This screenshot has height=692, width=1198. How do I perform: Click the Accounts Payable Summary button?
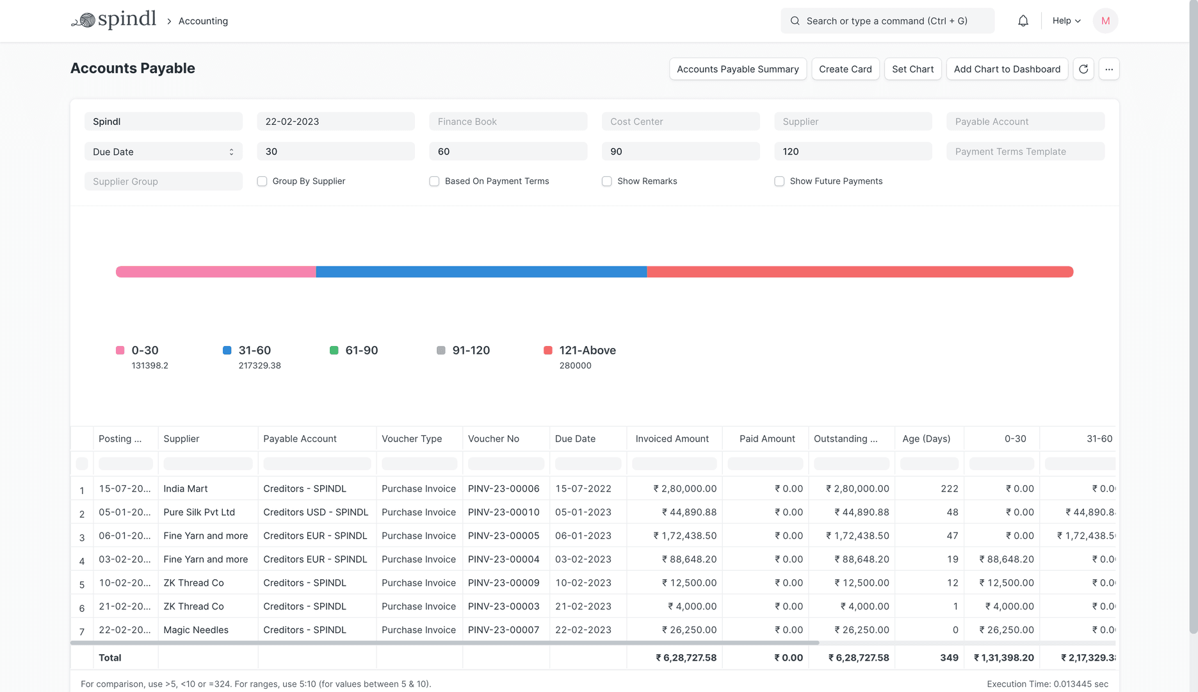click(x=738, y=69)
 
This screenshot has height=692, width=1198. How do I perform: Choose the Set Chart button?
click(x=912, y=69)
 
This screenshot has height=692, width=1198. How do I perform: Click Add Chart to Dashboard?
click(x=1007, y=69)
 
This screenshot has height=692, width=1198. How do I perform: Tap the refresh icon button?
click(x=1083, y=69)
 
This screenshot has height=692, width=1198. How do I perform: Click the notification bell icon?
click(x=1023, y=21)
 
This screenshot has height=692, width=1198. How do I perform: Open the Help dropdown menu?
click(x=1066, y=21)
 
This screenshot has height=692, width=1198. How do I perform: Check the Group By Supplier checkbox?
click(x=262, y=181)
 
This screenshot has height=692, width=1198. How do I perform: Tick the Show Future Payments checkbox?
click(x=779, y=181)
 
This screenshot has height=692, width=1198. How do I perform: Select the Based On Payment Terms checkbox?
click(x=434, y=181)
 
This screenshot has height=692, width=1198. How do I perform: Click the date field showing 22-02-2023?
click(x=336, y=122)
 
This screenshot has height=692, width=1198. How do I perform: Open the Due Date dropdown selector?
click(x=163, y=152)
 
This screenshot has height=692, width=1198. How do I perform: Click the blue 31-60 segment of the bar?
click(x=481, y=272)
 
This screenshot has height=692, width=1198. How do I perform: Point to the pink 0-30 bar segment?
click(x=216, y=272)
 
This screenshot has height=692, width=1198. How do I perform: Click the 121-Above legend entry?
click(x=587, y=350)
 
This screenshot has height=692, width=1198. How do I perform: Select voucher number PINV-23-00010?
click(x=503, y=513)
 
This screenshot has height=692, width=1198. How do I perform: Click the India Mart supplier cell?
click(x=186, y=489)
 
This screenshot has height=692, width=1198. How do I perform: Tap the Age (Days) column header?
click(x=926, y=439)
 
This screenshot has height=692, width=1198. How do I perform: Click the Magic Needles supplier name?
click(x=196, y=630)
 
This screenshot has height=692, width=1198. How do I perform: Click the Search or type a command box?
click(x=887, y=21)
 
